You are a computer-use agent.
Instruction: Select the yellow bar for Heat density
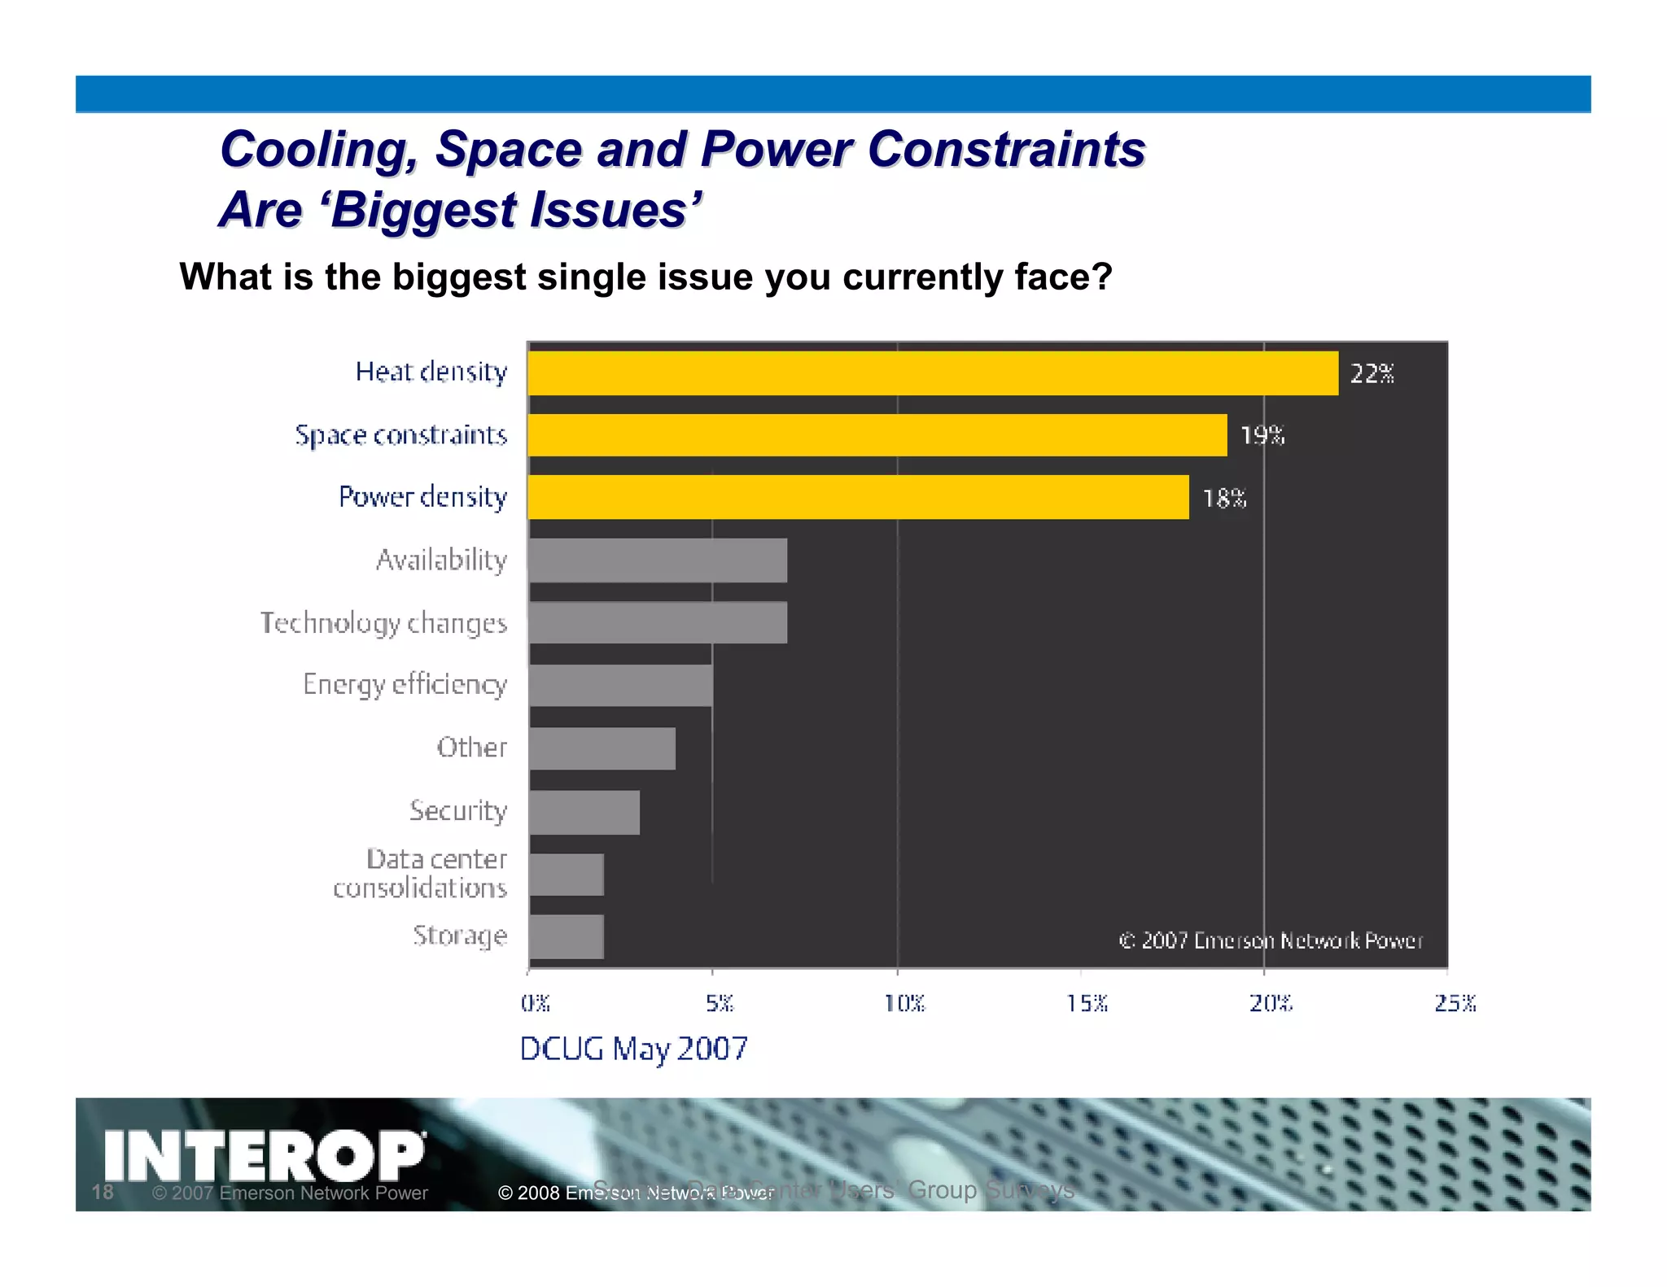[932, 373]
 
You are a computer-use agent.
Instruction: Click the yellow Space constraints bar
[877, 435]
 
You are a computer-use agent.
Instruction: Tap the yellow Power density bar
[858, 497]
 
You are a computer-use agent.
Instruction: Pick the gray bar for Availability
[658, 560]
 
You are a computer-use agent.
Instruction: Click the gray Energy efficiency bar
[620, 685]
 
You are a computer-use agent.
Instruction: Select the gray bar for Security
[584, 812]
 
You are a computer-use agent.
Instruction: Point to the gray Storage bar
[566, 936]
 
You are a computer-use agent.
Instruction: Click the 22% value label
[1372, 373]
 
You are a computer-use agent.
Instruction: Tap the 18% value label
[1224, 498]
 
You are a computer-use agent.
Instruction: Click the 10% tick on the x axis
[904, 1003]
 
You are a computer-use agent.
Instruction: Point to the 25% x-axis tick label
[1455, 1003]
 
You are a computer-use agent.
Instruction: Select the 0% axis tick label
[535, 1003]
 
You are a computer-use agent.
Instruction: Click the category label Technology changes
[383, 623]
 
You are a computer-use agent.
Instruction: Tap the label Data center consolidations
[421, 873]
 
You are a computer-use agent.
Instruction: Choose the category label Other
[471, 747]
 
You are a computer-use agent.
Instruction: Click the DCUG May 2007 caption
[633, 1049]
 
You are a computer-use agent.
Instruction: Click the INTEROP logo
[265, 1155]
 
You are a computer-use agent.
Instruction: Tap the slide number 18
[103, 1192]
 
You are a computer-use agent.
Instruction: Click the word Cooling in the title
[318, 150]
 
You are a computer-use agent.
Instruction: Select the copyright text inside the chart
[1271, 940]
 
